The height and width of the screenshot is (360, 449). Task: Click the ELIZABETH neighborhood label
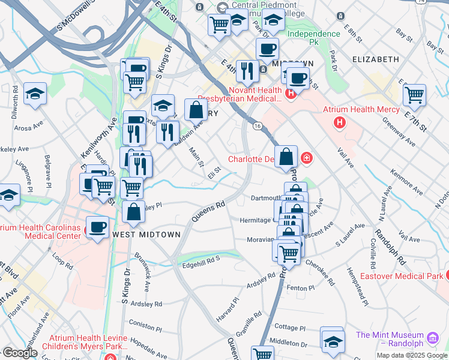[376, 59]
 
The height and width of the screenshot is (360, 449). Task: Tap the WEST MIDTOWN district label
[146, 235]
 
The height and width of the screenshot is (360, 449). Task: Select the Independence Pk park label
[313, 38]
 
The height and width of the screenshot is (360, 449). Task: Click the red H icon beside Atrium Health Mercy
[340, 122]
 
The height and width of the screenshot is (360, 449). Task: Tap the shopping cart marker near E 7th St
[414, 94]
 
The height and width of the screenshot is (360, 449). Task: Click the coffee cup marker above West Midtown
[97, 227]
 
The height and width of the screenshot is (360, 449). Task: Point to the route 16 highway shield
[257, 125]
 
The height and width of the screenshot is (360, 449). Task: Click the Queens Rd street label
[209, 212]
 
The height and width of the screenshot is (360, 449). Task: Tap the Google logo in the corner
[19, 352]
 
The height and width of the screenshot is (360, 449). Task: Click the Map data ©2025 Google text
[412, 355]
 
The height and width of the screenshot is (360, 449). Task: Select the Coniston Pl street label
[146, 323]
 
